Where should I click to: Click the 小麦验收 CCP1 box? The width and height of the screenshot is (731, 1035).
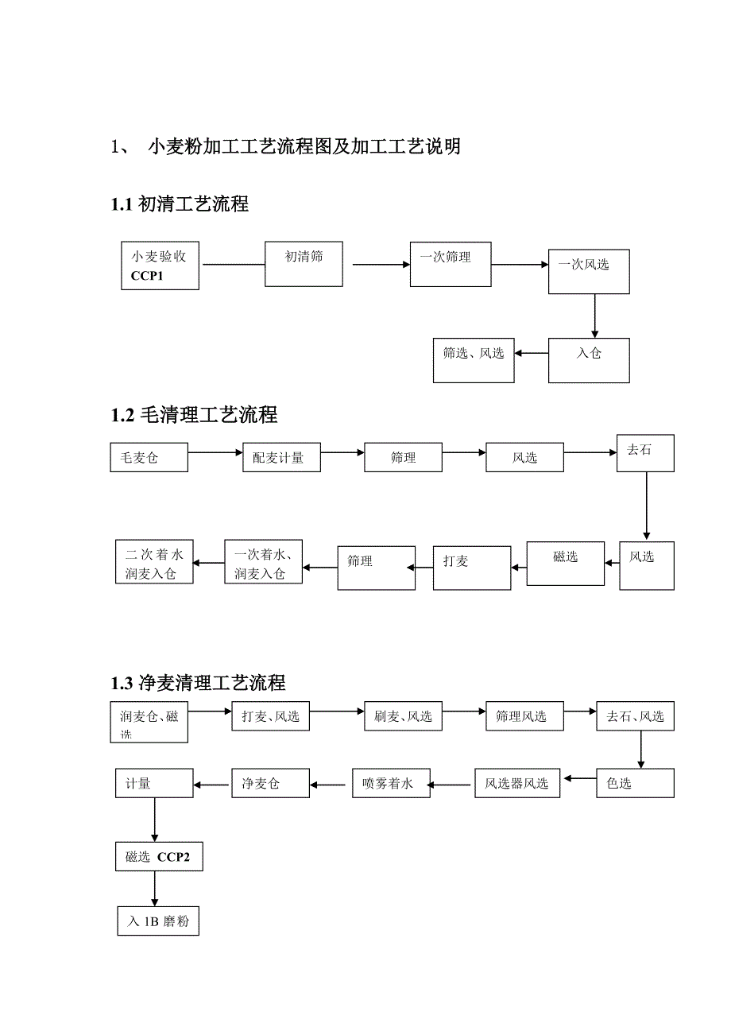click(x=160, y=266)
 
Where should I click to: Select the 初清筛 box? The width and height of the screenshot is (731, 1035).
click(x=304, y=264)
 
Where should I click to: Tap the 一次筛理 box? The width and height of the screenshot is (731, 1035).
click(x=450, y=264)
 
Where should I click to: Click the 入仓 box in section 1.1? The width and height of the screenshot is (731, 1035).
click(x=589, y=360)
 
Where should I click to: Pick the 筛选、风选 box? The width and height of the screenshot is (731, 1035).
click(x=474, y=360)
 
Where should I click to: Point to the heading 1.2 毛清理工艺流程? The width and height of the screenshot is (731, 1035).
click(x=194, y=414)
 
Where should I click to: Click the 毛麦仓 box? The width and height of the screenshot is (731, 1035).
click(x=149, y=458)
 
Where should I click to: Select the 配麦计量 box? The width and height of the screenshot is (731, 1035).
click(x=281, y=458)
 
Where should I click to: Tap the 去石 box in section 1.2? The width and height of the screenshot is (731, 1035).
click(x=645, y=452)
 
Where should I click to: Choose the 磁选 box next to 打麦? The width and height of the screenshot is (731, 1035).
click(x=566, y=563)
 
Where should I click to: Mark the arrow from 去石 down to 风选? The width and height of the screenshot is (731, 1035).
click(x=647, y=506)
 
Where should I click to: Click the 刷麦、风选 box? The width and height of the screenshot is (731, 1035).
click(x=403, y=716)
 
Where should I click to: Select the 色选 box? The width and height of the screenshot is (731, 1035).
click(x=635, y=783)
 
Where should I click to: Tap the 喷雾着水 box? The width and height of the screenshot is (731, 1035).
click(x=391, y=783)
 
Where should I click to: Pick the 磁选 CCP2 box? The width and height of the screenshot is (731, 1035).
click(x=158, y=857)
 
